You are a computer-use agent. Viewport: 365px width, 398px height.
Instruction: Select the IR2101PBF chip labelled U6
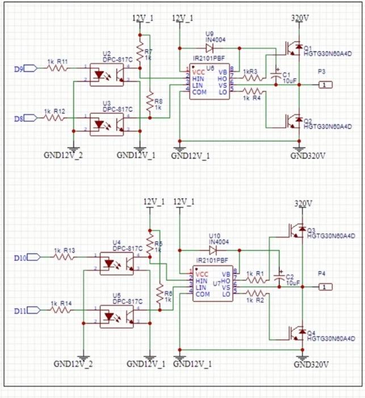[211, 83]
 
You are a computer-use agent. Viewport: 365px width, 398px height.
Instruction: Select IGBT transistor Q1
[293, 49]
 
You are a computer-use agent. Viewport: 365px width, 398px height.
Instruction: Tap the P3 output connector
[323, 85]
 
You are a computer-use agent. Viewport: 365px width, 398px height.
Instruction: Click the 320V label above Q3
[304, 203]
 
